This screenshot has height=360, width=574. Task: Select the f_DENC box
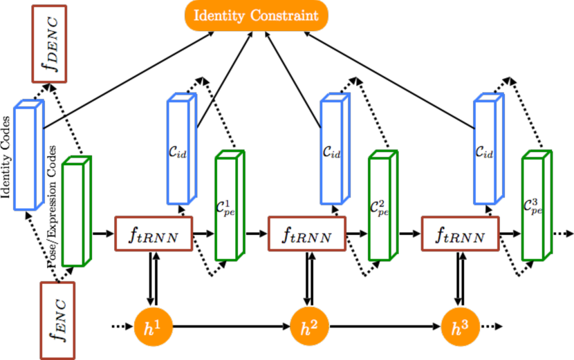coord(49,44)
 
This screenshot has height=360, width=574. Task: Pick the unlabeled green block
coord(73,215)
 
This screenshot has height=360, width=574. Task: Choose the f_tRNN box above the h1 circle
coord(153,234)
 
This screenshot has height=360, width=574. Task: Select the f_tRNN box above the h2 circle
coord(306,234)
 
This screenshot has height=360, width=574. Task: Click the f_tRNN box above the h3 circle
coord(460,234)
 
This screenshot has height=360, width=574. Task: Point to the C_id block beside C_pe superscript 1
coord(178,152)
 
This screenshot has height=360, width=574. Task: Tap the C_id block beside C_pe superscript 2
coord(331,152)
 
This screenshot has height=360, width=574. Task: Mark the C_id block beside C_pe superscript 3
coord(485,152)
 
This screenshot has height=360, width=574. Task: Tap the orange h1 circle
coord(153,328)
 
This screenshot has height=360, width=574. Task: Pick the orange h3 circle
coord(460,328)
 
